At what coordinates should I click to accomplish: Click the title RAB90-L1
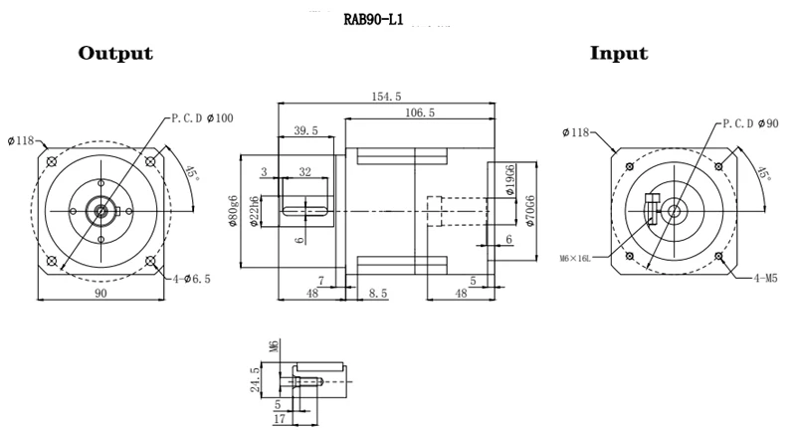click(373, 18)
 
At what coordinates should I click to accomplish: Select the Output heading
click(115, 54)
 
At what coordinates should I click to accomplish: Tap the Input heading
click(619, 54)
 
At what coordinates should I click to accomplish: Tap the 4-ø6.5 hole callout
click(191, 279)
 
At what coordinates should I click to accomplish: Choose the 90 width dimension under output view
click(99, 293)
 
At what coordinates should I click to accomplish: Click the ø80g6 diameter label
click(232, 211)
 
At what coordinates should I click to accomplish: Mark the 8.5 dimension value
click(378, 293)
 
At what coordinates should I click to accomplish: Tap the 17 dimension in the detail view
click(280, 421)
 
